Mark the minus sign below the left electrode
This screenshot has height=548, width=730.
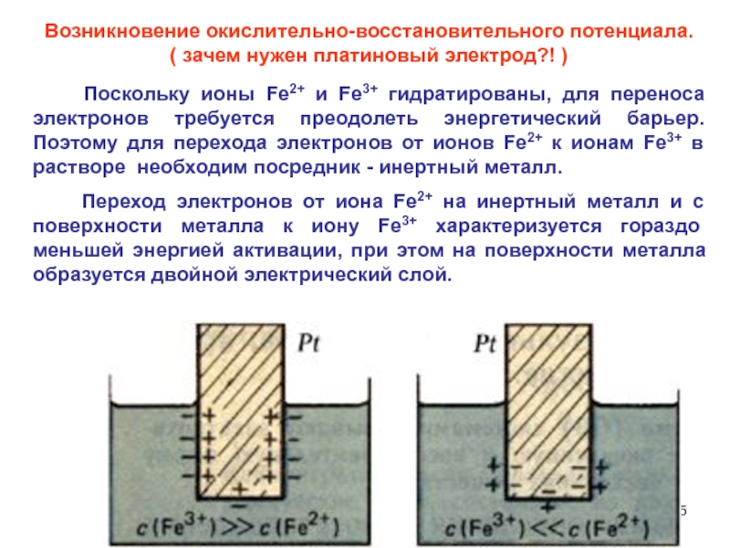point(239,504)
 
